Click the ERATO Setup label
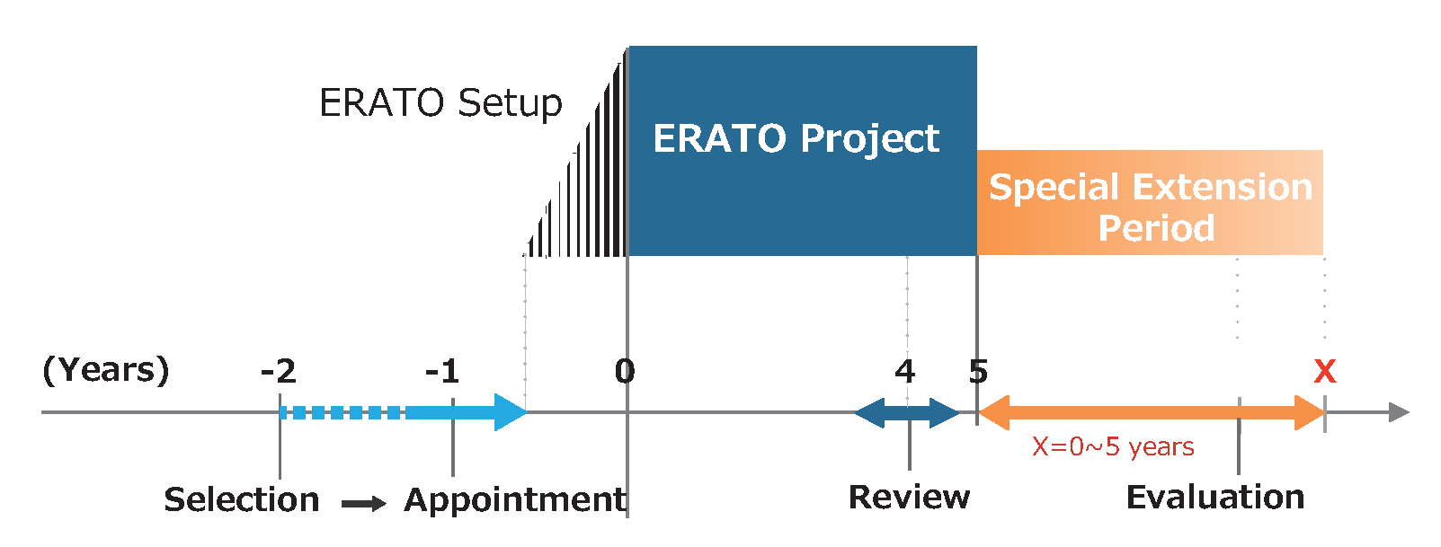(x=440, y=103)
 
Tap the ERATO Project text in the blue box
(x=796, y=139)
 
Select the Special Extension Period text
(x=1151, y=207)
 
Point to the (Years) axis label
(x=106, y=370)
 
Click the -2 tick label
(x=279, y=371)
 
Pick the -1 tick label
(x=442, y=371)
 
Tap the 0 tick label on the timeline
(x=625, y=371)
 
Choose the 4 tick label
(x=905, y=371)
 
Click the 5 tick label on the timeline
(x=978, y=371)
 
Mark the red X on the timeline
(x=1325, y=371)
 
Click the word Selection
(x=242, y=499)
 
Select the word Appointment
(x=514, y=500)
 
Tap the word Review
(x=909, y=497)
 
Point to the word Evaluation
(x=1215, y=497)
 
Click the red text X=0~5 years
(x=1113, y=446)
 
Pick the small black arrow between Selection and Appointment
(x=364, y=503)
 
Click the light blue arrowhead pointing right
(x=511, y=412)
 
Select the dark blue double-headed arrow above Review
(x=907, y=412)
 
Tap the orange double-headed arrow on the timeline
(x=1152, y=412)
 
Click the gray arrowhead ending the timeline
(x=1399, y=412)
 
